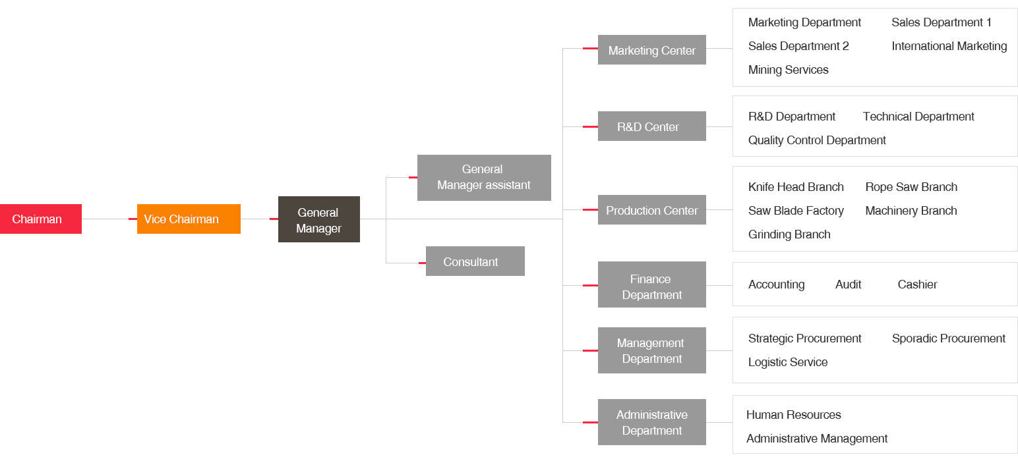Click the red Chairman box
click(x=41, y=219)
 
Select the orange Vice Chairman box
click(x=189, y=219)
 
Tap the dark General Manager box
click(x=318, y=219)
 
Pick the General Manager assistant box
click(x=484, y=177)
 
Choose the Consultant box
click(x=475, y=261)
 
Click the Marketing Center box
click(x=651, y=50)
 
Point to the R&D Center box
click(x=651, y=126)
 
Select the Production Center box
click(x=651, y=210)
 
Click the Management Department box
click(x=651, y=350)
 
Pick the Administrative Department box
click(x=651, y=422)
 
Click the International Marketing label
click(x=949, y=46)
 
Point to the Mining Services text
click(x=788, y=70)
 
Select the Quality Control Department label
click(x=817, y=140)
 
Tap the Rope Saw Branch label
click(x=911, y=187)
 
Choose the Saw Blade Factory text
click(x=796, y=211)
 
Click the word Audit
click(x=848, y=284)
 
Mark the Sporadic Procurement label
click(x=948, y=338)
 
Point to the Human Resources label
click(x=793, y=415)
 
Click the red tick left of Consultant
click(x=422, y=263)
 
